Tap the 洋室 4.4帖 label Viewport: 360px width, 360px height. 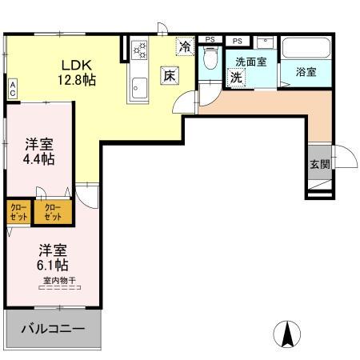point(38,151)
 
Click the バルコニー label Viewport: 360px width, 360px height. point(54,329)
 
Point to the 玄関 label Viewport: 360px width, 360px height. point(318,164)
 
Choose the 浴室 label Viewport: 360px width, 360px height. point(306,72)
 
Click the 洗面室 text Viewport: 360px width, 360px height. point(251,61)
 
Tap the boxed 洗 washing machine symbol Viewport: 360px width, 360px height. point(237,78)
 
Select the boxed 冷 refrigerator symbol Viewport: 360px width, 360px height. point(185,47)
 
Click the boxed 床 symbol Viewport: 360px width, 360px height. point(170,76)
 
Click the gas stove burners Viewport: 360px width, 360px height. point(141,50)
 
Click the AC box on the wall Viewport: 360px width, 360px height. point(13,87)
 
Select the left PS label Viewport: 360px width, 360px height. point(210,39)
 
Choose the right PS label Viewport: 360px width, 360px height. point(237,39)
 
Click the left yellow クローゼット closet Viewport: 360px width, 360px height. point(17,212)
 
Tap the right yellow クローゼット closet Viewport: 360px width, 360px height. point(53,212)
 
